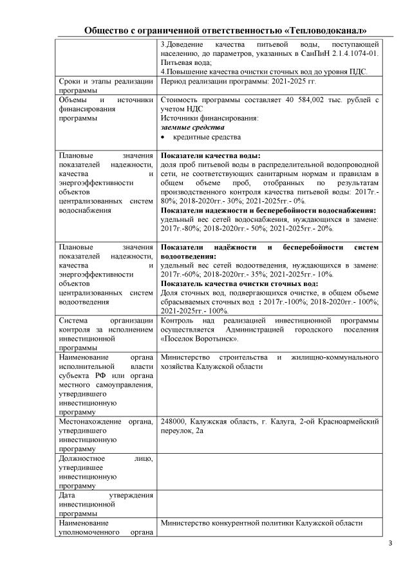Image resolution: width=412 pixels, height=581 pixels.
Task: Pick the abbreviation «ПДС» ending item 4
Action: tap(357, 72)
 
